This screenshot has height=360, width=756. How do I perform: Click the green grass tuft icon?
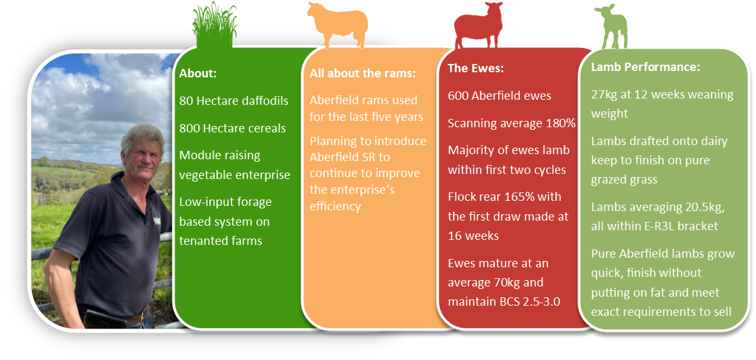[214, 26]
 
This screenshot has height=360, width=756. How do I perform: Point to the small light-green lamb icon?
[611, 27]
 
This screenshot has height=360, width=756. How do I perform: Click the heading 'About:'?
[198, 74]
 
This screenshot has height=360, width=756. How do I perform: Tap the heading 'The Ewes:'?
[475, 68]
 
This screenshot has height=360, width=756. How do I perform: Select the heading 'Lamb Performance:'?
[645, 67]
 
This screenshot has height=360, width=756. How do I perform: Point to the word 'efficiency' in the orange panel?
[335, 207]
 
